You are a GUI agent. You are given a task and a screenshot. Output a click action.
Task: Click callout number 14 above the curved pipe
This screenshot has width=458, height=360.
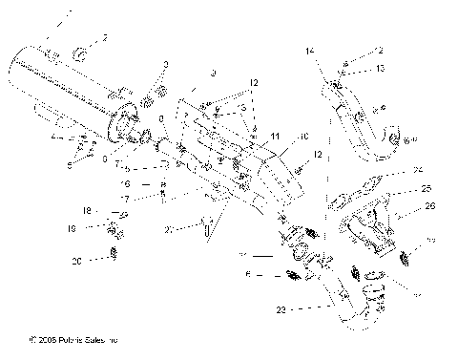coord(309,48)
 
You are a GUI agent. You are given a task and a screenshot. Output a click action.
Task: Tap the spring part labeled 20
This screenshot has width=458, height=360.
coord(114,253)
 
